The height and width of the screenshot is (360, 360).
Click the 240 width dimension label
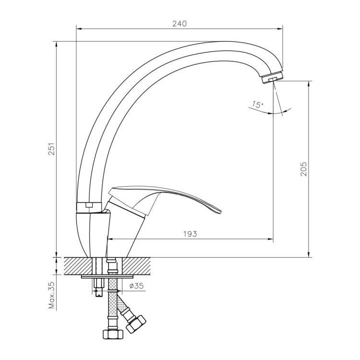(x=180, y=24)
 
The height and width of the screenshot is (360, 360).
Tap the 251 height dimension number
(x=52, y=149)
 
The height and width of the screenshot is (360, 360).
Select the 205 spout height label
(x=303, y=169)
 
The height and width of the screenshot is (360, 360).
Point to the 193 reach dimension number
(x=190, y=234)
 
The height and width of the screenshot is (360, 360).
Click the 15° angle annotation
(x=257, y=105)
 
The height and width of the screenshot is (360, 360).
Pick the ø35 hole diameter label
(x=136, y=286)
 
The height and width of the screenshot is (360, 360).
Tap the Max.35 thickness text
(x=52, y=295)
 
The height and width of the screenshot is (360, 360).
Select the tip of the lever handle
(x=220, y=211)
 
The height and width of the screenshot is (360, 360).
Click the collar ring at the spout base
(x=89, y=207)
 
